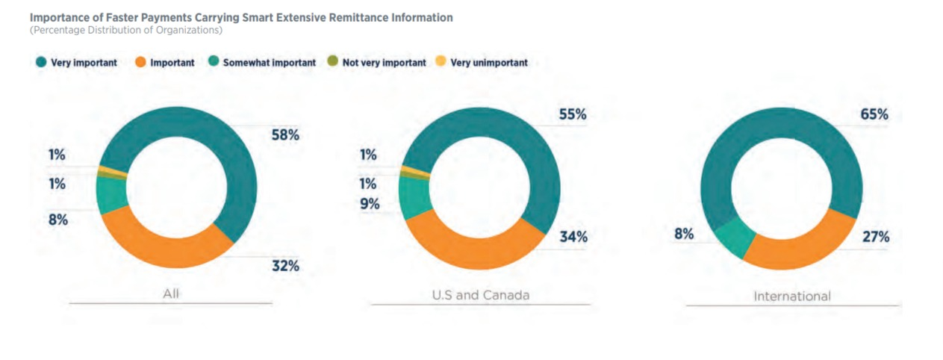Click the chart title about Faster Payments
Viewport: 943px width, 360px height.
pos(241,17)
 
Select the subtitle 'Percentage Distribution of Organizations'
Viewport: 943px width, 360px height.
pos(126,31)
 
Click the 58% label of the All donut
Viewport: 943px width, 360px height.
pos(286,135)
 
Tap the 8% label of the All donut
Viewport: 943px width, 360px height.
pos(59,220)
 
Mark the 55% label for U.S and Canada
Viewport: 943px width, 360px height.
pos(573,115)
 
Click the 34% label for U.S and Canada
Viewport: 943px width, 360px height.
pos(573,238)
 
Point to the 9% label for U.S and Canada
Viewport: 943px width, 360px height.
pos(370,204)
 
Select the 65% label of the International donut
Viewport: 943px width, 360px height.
pos(874,115)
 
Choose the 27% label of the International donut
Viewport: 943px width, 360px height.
pos(875,238)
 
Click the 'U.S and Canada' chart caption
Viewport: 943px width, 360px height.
pos(480,294)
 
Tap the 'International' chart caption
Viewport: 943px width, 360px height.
pos(792,296)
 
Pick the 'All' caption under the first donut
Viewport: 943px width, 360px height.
pos(172,294)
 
